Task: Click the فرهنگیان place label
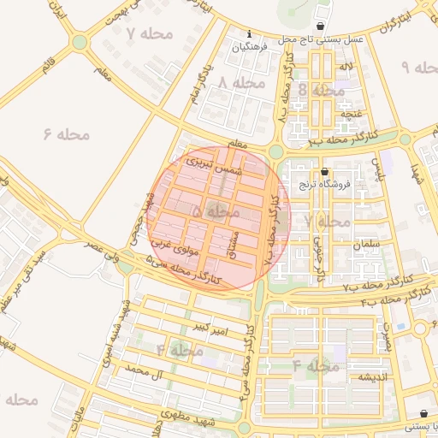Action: (250, 48)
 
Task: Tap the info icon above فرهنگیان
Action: (249, 34)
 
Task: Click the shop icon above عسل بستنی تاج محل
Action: (320, 26)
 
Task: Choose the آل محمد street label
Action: (144, 370)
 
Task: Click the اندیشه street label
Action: (375, 376)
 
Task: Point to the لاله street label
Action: (346, 66)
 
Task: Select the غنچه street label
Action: (352, 113)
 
